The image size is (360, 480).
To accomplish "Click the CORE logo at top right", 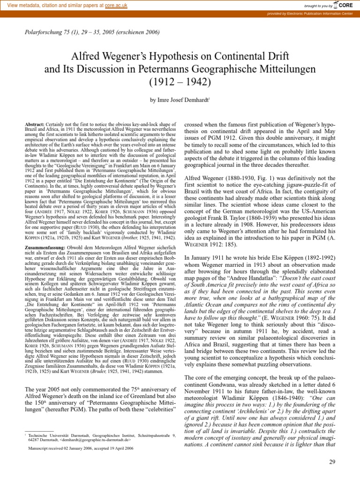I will click(344, 5).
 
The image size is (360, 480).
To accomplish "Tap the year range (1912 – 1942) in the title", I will click(180, 83).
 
